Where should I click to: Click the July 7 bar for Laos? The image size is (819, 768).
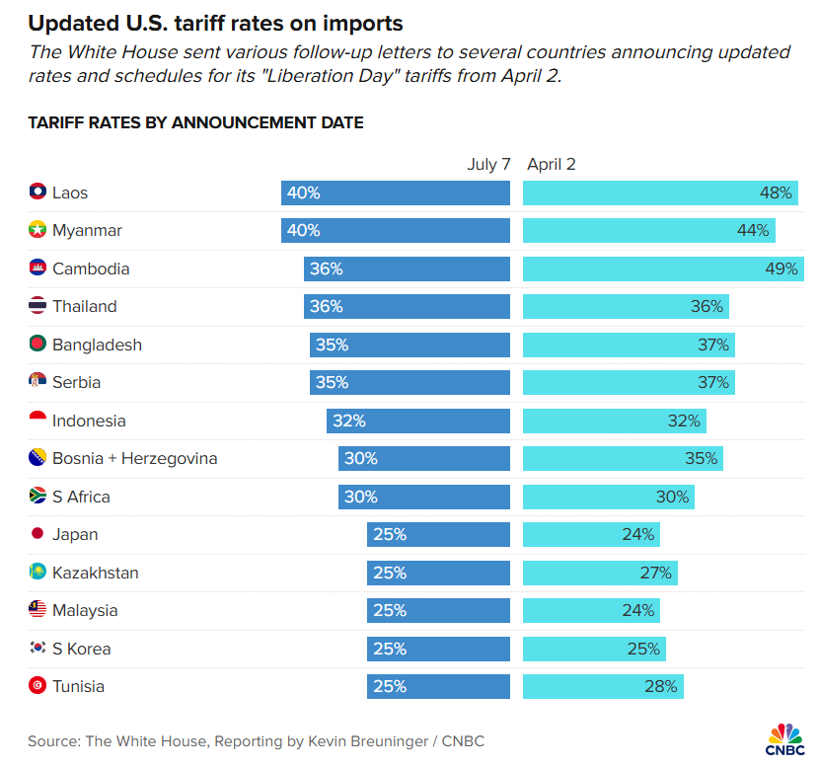click(395, 193)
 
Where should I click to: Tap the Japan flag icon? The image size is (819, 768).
click(37, 534)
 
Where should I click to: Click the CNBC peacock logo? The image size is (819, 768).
click(785, 738)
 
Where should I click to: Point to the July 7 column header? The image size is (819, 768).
click(488, 165)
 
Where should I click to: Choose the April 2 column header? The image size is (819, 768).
click(552, 165)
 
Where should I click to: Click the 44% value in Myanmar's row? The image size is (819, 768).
click(753, 231)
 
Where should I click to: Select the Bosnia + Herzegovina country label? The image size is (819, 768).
click(134, 459)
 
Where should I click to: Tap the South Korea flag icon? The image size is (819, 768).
click(37, 649)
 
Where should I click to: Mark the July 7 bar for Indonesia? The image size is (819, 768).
click(418, 421)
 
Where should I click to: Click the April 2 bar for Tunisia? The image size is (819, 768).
click(602, 686)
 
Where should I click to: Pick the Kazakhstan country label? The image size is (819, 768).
click(95, 573)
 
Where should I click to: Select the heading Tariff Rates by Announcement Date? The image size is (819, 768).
click(195, 123)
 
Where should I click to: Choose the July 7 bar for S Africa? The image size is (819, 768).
click(424, 497)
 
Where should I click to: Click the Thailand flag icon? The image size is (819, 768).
click(37, 306)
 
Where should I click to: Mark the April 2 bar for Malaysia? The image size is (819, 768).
click(590, 610)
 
